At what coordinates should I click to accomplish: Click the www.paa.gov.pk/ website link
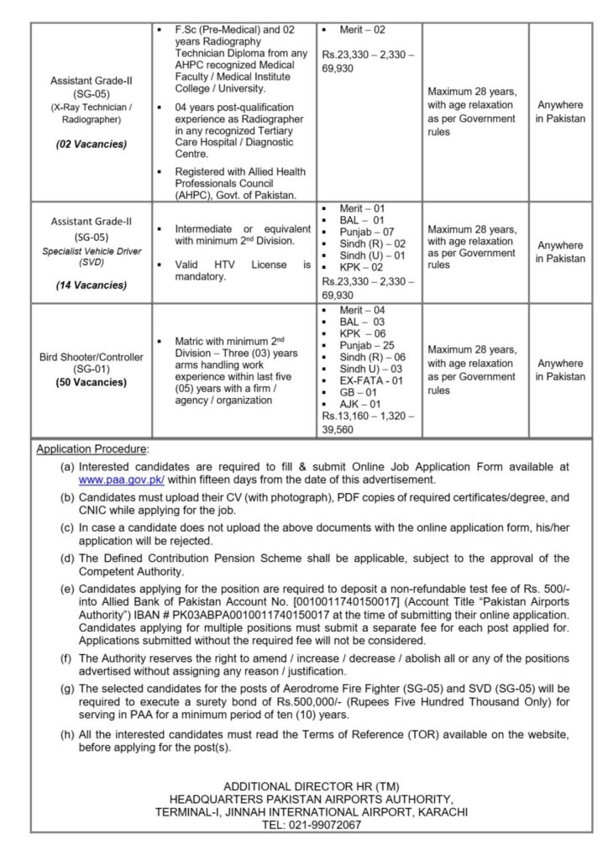point(121,480)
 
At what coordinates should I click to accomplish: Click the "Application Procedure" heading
point(92,449)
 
